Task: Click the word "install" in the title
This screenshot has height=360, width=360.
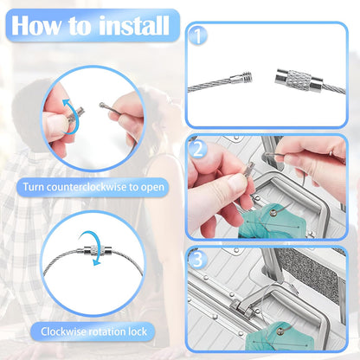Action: tap(134, 25)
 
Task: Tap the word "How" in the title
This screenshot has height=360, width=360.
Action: tap(36, 25)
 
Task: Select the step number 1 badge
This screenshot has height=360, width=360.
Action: tap(198, 36)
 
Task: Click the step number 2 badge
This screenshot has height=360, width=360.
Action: tap(198, 150)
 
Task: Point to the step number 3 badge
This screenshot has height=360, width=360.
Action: tap(197, 260)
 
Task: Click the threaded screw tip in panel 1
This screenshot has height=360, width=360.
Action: tap(247, 77)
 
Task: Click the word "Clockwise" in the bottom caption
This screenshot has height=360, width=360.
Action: tap(66, 331)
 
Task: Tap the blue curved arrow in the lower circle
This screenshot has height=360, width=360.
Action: tap(91, 247)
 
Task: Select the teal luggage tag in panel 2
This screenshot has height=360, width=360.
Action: tap(270, 221)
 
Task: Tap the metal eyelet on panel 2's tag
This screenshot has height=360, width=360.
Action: tap(273, 213)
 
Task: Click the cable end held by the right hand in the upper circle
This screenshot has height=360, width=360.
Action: tap(102, 106)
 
